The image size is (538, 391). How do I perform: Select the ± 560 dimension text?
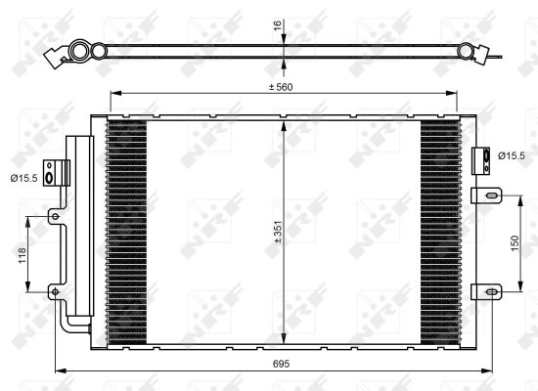pyautogui.click(x=283, y=86)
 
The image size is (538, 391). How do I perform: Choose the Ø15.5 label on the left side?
pyautogui.click(x=22, y=176)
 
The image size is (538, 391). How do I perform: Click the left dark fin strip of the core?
pyautogui.click(x=125, y=231)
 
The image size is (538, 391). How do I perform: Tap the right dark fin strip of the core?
pyautogui.click(x=440, y=231)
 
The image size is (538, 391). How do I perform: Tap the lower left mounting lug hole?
pyautogui.click(x=56, y=290)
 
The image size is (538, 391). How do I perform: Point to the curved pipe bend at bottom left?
pyautogui.click(x=68, y=325)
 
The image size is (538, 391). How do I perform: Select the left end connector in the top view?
pyautogui.click(x=74, y=54)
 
